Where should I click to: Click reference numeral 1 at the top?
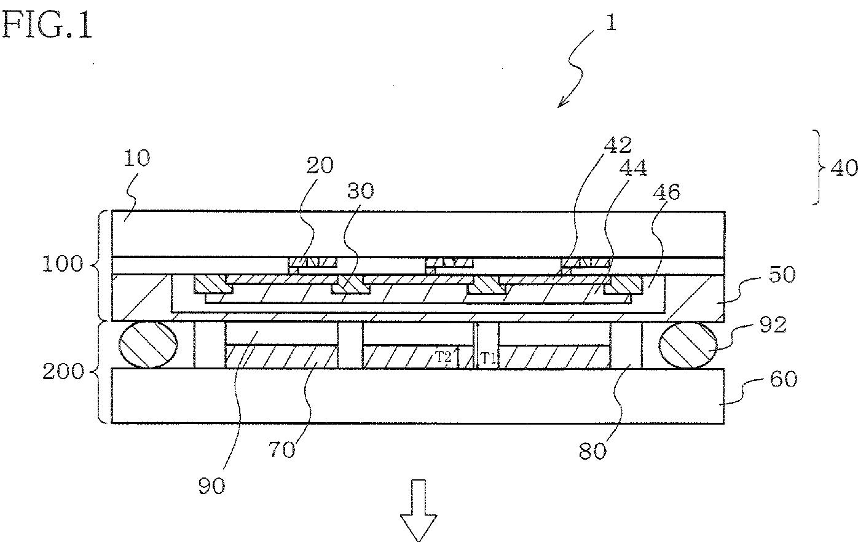[609, 23]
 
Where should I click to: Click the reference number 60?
[782, 379]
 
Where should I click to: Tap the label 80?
[592, 450]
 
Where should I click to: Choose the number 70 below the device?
[282, 449]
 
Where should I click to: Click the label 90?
[212, 485]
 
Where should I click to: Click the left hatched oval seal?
[148, 345]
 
